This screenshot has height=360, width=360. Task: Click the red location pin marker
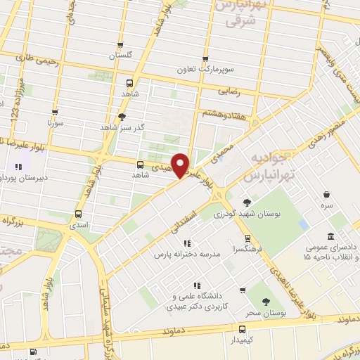pos(181,164)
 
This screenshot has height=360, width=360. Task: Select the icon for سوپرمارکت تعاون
pos(205,60)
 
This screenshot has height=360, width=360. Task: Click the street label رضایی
pos(251,91)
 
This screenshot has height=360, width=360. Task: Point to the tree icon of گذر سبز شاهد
pos(122,117)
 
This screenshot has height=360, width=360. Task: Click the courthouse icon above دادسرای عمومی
pos(330,236)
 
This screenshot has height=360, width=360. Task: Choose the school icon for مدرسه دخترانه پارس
pos(187,243)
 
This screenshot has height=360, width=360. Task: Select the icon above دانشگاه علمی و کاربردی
pos(199,285)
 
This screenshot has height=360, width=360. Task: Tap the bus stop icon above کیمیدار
pos(243,328)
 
